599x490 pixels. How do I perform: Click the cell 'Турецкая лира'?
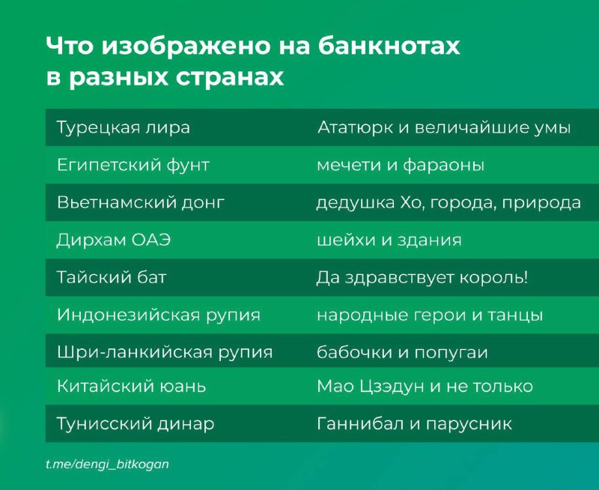coord(124,127)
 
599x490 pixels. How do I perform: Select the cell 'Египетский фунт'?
coord(133,165)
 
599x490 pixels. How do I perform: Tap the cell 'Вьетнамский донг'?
coord(141,202)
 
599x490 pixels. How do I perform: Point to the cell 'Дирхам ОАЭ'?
coord(114,240)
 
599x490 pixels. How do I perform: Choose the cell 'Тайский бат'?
coord(112,277)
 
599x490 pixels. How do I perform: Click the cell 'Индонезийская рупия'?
coord(159,315)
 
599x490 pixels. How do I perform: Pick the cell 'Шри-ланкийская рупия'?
coord(165,352)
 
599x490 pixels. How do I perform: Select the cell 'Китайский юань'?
coord(132,386)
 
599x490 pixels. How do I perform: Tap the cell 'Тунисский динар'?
coord(136,423)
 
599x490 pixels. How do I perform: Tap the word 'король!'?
coord(493,277)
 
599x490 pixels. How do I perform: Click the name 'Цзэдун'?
coord(392,387)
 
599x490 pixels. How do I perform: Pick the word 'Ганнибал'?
coord(360,423)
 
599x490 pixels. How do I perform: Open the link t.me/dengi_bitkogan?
coord(107,464)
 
